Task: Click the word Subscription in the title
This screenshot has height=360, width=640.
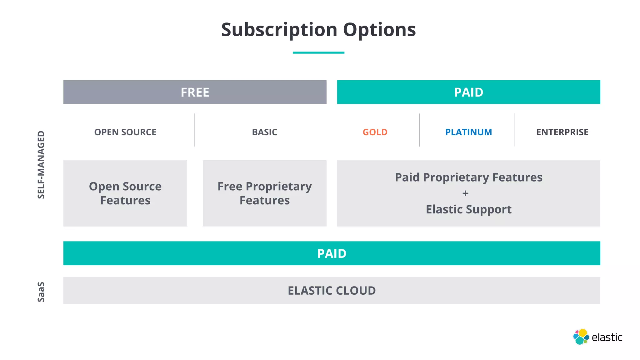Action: point(279,30)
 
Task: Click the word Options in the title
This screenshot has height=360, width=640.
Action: point(379,30)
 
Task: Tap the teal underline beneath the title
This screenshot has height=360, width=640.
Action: point(318,52)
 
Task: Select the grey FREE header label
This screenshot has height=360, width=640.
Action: point(195,92)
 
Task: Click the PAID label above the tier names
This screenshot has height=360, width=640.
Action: point(468,92)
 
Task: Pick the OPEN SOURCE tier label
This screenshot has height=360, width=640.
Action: point(125,132)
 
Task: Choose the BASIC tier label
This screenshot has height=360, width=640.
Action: point(264,132)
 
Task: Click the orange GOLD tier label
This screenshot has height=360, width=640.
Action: point(375,132)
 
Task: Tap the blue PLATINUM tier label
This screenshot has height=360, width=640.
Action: point(468,132)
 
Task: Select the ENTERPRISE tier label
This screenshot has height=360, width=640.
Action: point(562,132)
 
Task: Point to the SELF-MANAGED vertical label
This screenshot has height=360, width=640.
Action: point(41,165)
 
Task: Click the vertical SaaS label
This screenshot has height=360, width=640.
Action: point(41,292)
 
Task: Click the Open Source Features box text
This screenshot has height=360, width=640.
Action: point(125,193)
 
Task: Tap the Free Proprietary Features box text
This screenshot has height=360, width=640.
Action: point(264,193)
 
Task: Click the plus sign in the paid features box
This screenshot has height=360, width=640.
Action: point(465,193)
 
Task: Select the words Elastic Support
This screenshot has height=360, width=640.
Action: point(468,209)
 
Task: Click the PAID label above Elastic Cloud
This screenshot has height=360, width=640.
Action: point(332,253)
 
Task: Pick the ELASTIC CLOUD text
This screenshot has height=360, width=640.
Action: point(332,291)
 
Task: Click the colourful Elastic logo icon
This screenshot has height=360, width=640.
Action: point(581,337)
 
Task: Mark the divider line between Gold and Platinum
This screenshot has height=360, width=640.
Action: point(419,130)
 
